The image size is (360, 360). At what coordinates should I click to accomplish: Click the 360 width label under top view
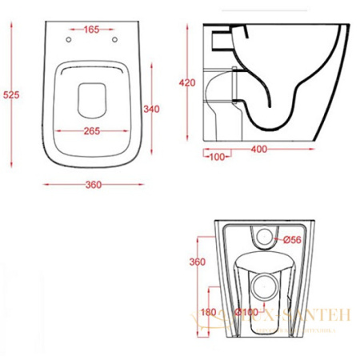[x=94, y=186]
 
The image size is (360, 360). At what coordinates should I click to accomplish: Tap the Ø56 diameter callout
[x=291, y=238]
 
